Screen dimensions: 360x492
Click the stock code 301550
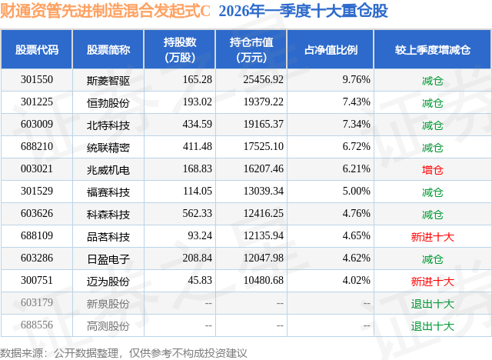37,79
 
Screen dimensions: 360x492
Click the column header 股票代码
37,50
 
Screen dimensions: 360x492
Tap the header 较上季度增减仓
432,50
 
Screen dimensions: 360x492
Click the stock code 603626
37,214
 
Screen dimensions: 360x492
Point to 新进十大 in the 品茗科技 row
432,236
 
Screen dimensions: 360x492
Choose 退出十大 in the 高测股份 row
432,325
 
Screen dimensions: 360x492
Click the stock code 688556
37,325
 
